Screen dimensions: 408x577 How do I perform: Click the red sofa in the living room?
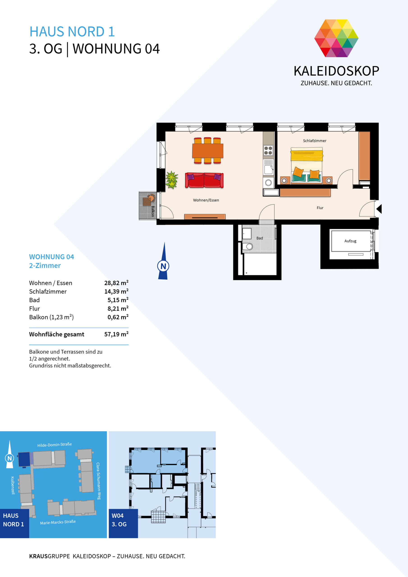click(x=204, y=180)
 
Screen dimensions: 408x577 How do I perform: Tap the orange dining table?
click(x=208, y=151)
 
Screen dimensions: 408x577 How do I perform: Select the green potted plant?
click(x=172, y=180)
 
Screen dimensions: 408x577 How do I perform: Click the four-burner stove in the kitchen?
click(x=268, y=150)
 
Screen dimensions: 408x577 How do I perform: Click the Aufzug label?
click(x=350, y=241)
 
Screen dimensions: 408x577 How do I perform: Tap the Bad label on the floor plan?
click(x=259, y=238)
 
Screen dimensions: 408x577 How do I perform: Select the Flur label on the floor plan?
click(x=320, y=208)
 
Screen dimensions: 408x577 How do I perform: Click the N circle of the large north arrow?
click(x=163, y=266)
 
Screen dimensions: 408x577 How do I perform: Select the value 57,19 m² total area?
click(x=116, y=334)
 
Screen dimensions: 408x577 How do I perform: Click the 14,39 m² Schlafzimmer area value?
click(x=116, y=291)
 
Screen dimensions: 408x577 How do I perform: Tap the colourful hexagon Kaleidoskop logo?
click(x=336, y=38)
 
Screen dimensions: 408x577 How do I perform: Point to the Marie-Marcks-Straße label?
click(x=58, y=522)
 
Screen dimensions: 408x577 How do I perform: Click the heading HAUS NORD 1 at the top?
click(x=72, y=32)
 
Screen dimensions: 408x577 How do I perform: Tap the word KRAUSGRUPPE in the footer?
click(x=50, y=556)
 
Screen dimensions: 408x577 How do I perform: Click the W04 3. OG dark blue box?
click(x=123, y=524)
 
